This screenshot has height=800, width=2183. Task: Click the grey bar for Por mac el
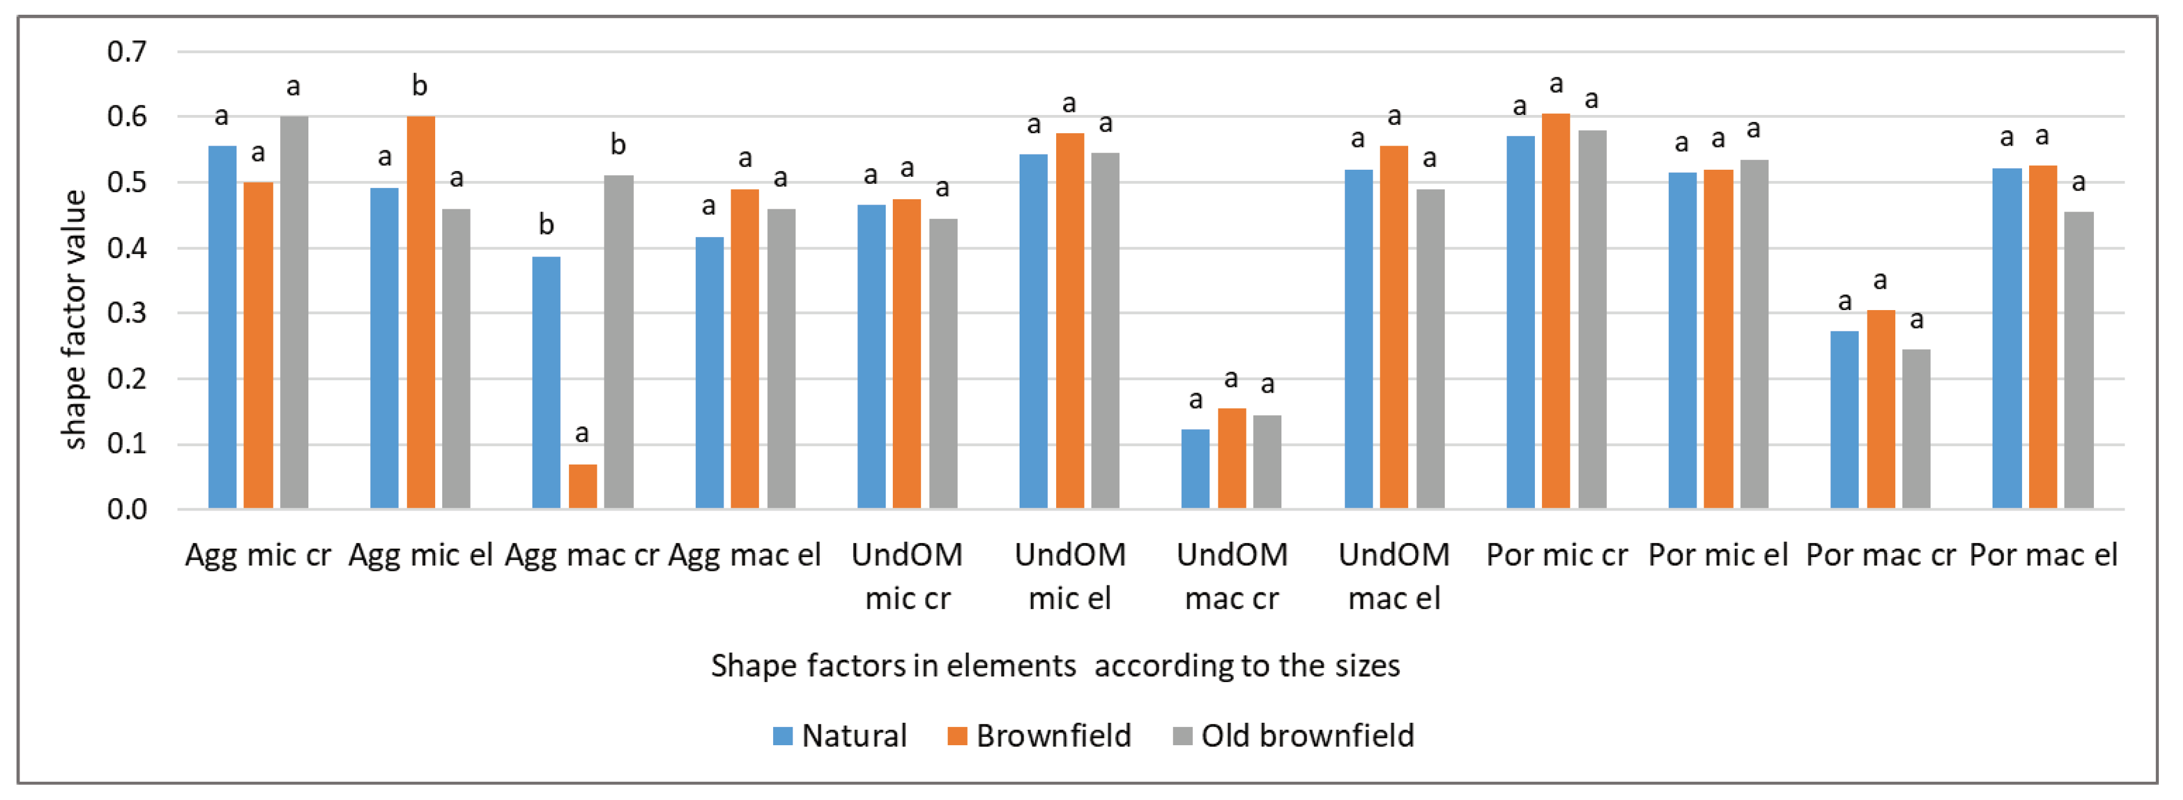point(2078,360)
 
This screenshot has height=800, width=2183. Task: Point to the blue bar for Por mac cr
point(1844,420)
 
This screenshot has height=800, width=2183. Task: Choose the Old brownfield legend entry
point(1293,736)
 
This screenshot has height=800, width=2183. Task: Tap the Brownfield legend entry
point(1039,736)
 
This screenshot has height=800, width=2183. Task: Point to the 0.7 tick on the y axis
point(127,52)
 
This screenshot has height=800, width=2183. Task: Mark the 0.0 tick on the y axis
point(127,509)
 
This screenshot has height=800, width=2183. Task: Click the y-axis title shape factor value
point(74,320)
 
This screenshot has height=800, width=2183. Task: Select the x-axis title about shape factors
point(1055,666)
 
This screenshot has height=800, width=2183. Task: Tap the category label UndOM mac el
point(1394,577)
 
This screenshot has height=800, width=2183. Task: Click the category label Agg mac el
point(744,556)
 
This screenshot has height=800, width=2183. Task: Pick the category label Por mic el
point(1718,556)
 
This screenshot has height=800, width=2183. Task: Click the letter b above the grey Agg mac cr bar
point(618,145)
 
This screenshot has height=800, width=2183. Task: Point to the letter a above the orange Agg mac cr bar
point(581,434)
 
